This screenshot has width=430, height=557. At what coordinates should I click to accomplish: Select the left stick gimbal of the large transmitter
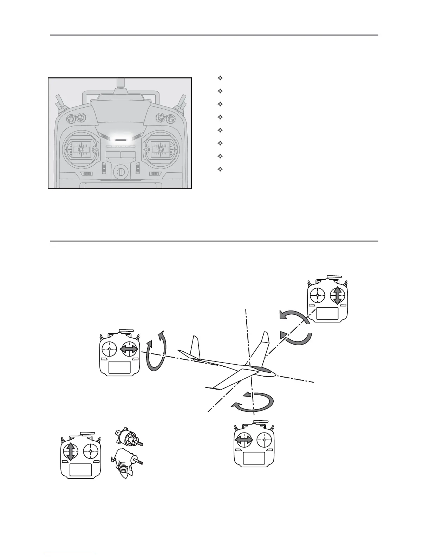point(80,149)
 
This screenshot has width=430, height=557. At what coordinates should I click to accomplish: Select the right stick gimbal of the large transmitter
point(161,149)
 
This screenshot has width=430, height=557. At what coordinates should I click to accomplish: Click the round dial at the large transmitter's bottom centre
point(120,172)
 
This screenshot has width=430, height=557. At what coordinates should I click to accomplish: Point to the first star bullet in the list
point(220,78)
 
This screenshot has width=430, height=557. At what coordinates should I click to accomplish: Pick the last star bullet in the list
point(220,169)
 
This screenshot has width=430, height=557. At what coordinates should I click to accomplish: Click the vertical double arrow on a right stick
point(337,295)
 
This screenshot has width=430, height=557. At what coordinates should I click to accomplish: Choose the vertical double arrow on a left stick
point(70,452)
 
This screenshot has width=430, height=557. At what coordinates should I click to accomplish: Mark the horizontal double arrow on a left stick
point(244,439)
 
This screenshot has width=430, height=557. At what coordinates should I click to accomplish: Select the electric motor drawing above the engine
point(128,438)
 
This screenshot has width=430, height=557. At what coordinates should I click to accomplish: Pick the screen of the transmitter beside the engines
point(80,470)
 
